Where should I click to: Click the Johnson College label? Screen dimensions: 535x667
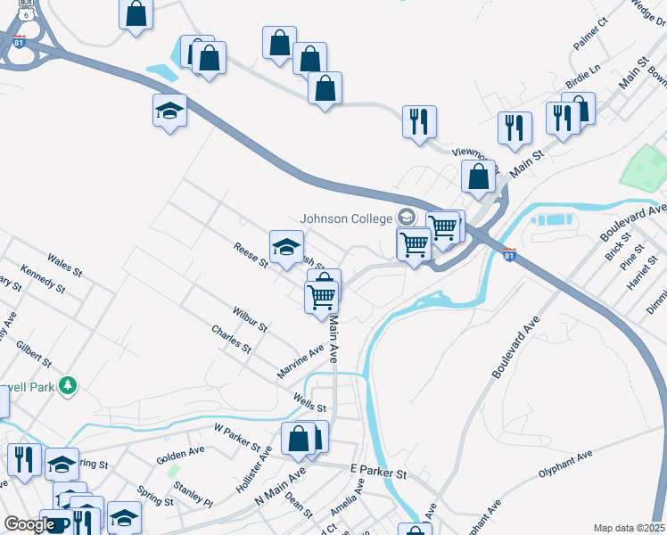pos(346,218)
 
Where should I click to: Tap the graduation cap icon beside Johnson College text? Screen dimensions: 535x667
pos(407,218)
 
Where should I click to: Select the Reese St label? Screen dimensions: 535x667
pos(251,255)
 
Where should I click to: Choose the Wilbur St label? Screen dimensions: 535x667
pos(251,321)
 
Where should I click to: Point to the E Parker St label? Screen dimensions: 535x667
pos(378,471)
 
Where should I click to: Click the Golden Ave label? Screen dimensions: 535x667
pos(180,455)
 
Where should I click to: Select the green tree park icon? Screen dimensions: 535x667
pos(67,385)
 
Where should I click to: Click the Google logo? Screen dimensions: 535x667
pos(29,524)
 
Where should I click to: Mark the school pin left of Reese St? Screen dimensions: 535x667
pos(286,247)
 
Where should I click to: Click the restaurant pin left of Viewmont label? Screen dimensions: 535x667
pos(419,120)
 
